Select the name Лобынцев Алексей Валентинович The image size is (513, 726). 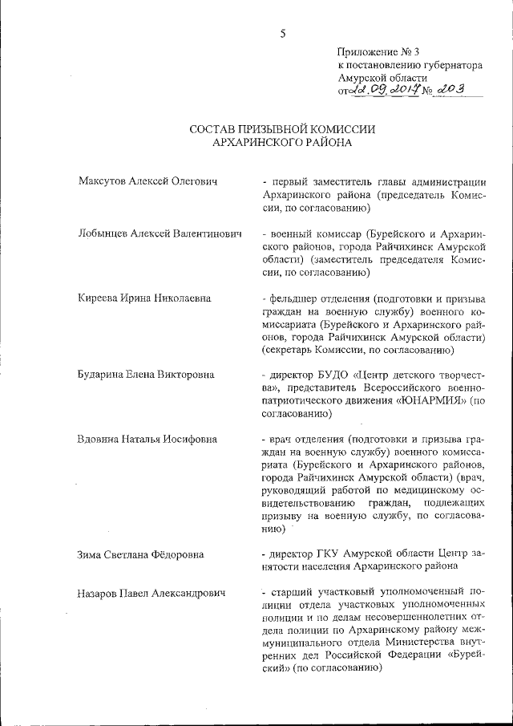coord(160,233)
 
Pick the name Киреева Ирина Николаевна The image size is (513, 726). coord(144,298)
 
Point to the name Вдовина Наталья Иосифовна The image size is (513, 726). coord(148,440)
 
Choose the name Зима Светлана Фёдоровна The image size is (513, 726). coord(140,554)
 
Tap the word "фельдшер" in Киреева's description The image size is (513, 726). coord(296,298)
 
